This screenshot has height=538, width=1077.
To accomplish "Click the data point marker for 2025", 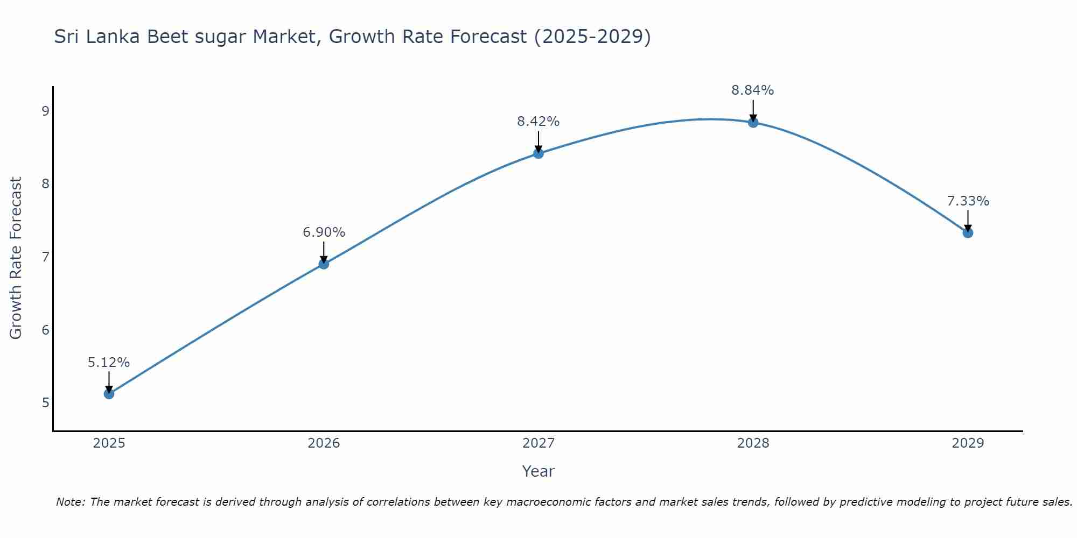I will pyautogui.click(x=109, y=394).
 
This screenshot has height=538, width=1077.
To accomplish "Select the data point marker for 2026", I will pyautogui.click(x=324, y=264).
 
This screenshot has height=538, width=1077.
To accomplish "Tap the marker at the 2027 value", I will pyautogui.click(x=538, y=153).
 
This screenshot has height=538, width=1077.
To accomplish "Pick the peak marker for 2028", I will pyautogui.click(x=753, y=123).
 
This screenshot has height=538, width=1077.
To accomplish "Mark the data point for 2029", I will pyautogui.click(x=968, y=233).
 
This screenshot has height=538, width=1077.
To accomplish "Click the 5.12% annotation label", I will pyautogui.click(x=109, y=363).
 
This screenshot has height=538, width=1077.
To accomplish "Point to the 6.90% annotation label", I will pyautogui.click(x=324, y=232).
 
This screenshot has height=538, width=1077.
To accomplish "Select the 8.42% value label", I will pyautogui.click(x=538, y=122).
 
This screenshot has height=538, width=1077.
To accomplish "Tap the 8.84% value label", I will pyautogui.click(x=753, y=90).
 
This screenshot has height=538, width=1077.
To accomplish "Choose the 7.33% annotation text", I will pyautogui.click(x=968, y=201).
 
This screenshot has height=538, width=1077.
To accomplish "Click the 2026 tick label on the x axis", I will pyautogui.click(x=324, y=443).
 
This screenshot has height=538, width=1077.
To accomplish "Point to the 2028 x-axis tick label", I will pyautogui.click(x=753, y=443).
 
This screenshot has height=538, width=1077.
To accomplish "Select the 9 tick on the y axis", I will pyautogui.click(x=45, y=111).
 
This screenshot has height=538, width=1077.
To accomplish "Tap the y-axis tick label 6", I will pyautogui.click(x=45, y=330).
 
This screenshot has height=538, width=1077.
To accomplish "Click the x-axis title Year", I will pyautogui.click(x=538, y=471).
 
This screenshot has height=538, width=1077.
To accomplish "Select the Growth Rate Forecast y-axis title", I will pyautogui.click(x=16, y=258).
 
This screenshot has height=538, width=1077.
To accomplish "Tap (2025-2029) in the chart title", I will pyautogui.click(x=592, y=37).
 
